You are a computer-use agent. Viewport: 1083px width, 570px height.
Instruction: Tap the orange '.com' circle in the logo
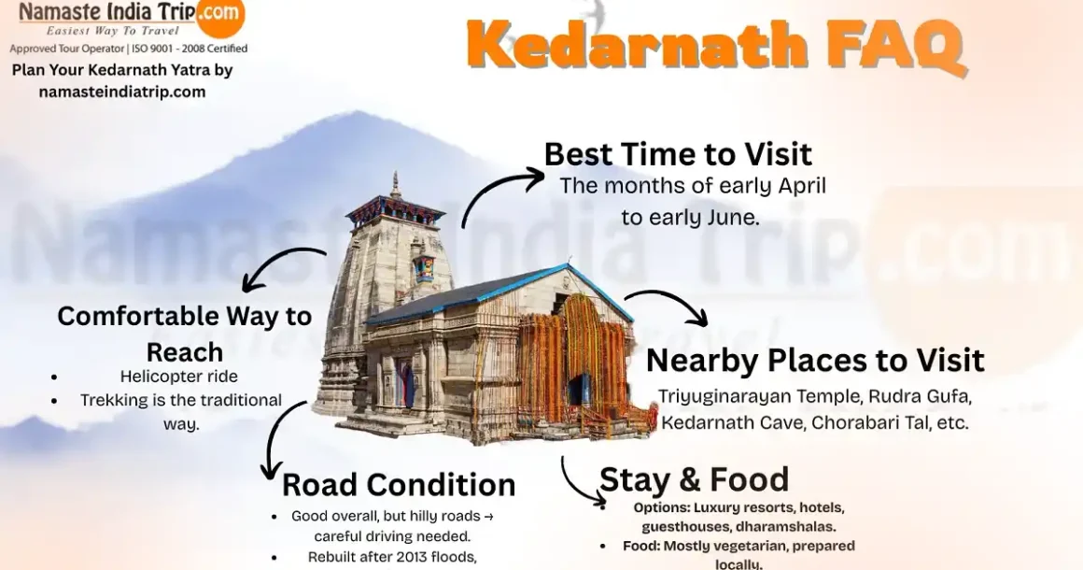(220, 14)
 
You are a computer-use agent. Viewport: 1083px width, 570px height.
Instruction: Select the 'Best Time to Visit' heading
(678, 154)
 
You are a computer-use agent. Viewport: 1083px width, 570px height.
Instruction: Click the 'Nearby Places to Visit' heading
(815, 361)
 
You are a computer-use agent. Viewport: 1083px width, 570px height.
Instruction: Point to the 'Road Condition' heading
(399, 484)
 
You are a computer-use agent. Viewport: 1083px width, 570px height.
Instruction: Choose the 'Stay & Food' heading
(694, 479)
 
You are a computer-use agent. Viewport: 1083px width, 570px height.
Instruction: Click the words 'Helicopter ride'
(179, 377)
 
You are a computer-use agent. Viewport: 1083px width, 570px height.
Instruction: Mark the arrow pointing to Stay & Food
(577, 484)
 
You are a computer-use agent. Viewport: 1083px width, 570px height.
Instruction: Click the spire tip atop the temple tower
(396, 173)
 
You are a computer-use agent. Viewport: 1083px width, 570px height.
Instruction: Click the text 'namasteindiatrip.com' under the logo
(122, 92)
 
